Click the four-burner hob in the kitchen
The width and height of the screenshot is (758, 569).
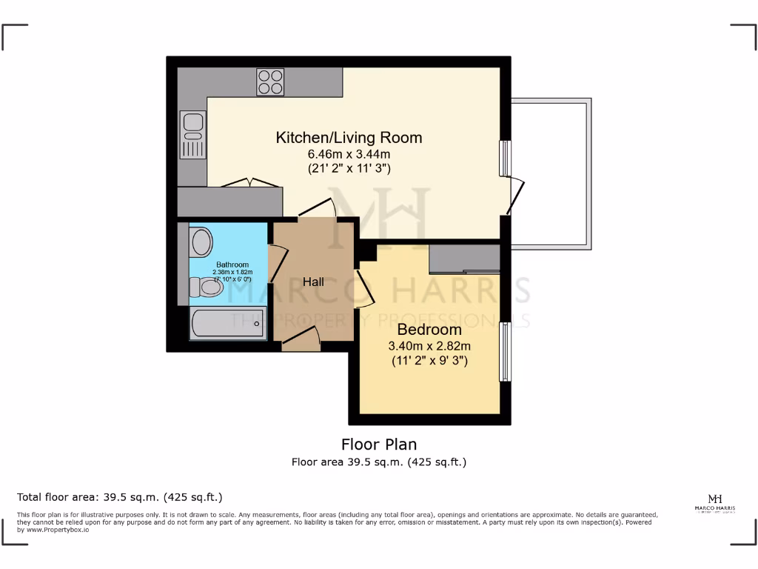[x=271, y=82]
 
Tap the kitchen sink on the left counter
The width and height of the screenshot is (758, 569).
[x=192, y=135]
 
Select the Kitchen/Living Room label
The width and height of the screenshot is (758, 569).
[x=349, y=138]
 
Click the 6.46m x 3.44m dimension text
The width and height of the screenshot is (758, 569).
[x=349, y=154]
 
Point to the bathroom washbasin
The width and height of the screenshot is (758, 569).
[x=201, y=242]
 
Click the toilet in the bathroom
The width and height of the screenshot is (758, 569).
[x=207, y=287]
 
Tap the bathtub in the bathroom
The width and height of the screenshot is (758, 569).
[x=227, y=324]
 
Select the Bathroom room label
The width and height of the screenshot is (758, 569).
[x=232, y=264]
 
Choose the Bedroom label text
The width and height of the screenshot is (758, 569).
[x=429, y=330]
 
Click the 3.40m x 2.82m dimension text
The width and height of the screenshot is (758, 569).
[x=429, y=346]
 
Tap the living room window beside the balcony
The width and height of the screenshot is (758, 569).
[x=505, y=158]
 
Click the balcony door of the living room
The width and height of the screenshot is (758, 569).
[x=515, y=197]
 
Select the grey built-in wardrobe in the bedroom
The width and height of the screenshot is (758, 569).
[x=464, y=259]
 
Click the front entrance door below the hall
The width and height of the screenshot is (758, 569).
[x=301, y=341]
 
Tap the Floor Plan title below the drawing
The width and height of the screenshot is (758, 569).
[x=379, y=445]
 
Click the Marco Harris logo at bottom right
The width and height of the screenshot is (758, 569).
[x=715, y=502]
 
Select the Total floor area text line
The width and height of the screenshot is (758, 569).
[x=119, y=497]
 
